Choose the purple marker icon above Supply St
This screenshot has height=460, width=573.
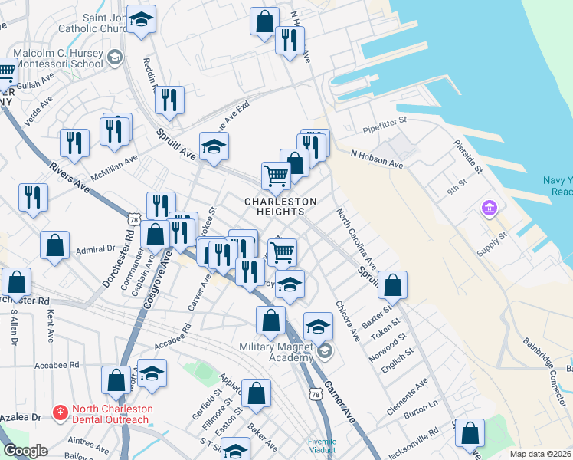click(489, 208)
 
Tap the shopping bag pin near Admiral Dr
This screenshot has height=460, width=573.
click(55, 247)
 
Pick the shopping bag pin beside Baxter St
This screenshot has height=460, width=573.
click(392, 285)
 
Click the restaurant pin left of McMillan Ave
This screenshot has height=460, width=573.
click(74, 143)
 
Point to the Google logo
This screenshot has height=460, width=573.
click(25, 451)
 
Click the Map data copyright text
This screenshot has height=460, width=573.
click(541, 454)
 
